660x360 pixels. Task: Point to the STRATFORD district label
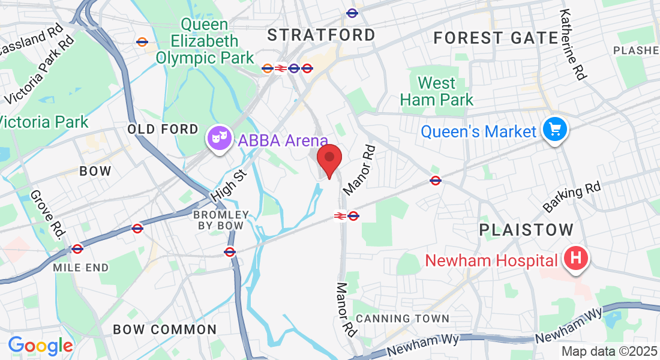point(322,35)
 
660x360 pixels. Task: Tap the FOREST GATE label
point(496,38)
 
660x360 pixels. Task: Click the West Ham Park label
point(437,91)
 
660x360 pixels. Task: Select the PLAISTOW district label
point(526,230)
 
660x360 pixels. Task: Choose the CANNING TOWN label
point(403,319)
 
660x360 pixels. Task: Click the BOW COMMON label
point(165,329)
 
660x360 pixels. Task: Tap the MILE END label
point(81,268)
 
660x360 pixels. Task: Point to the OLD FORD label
point(163,129)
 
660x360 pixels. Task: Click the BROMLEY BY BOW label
point(221,220)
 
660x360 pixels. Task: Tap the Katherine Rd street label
point(573,44)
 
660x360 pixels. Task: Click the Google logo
point(40,346)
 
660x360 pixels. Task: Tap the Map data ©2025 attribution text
point(610,352)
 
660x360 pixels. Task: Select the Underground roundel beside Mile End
point(77,248)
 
